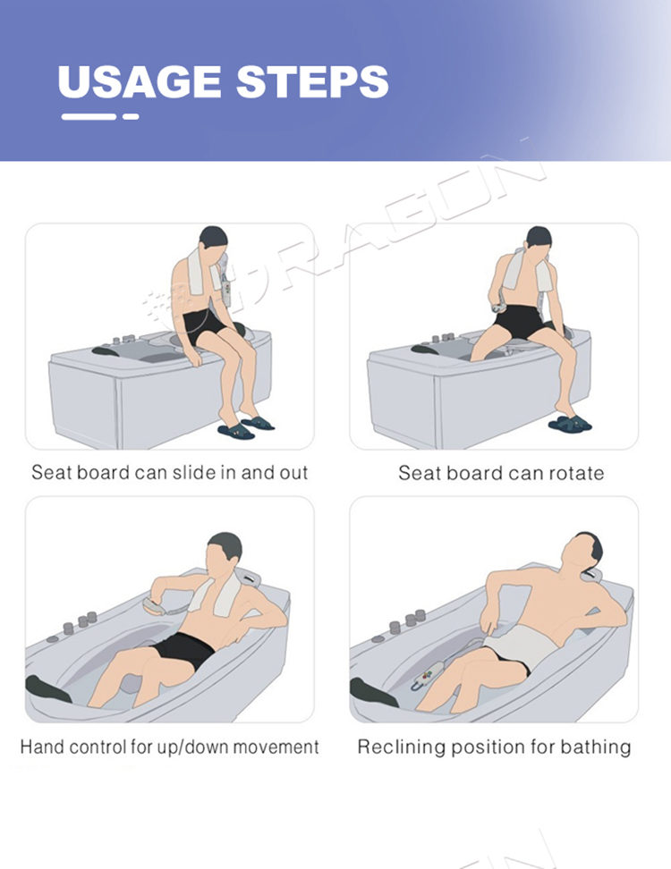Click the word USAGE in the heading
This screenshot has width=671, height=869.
coord(140,81)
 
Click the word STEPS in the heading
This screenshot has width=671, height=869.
coord(313,81)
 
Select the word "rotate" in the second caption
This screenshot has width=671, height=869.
coord(576,473)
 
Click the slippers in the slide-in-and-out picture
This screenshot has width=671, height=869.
coord(246,427)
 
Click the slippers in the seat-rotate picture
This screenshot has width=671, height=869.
coord(570,424)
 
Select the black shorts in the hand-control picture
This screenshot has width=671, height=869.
coord(184,651)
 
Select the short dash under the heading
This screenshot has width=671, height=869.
coord(131,116)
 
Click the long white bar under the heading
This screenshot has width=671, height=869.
coord(89,116)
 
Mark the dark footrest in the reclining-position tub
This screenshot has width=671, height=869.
coord(373,693)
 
